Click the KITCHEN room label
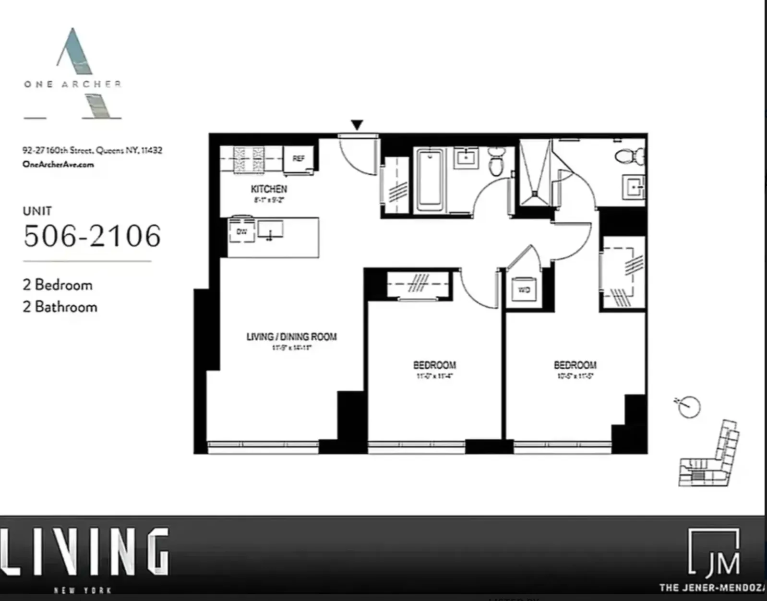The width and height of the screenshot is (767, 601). coord(269,189)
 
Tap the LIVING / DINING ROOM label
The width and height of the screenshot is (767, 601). coord(291,337)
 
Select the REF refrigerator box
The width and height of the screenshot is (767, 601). coord(299,159)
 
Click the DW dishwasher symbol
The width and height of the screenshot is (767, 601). coord(242,231)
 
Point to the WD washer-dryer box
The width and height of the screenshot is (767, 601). coord(524,290)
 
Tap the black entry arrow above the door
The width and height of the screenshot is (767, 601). coord(357,125)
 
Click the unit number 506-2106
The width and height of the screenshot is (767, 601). coord(92,236)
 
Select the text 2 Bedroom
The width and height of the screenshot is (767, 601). coord(58,285)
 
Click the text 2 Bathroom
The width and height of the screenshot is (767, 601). coord(60,307)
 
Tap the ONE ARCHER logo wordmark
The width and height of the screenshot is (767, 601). coord(72,84)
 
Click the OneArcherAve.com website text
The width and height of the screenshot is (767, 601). coord(58,164)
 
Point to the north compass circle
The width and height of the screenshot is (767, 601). coord(690,407)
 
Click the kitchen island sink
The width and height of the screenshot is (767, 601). coord(270,230)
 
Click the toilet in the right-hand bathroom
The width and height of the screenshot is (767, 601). coord(631,156)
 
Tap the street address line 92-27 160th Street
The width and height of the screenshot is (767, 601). coord(92,150)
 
